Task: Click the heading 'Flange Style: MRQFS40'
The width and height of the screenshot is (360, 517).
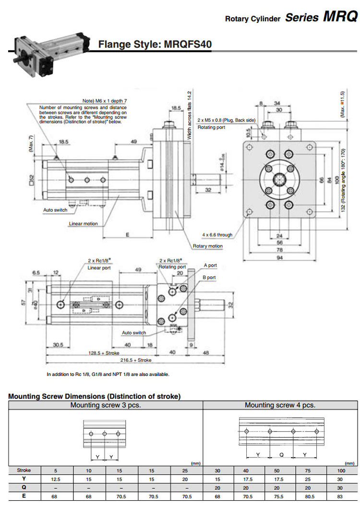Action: coord(155,44)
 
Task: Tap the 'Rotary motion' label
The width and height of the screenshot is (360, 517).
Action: coord(208,246)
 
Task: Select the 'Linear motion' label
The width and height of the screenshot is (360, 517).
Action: coord(83,223)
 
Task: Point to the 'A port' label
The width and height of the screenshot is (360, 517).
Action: coord(210,265)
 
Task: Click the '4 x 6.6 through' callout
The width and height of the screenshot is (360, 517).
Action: coord(217,235)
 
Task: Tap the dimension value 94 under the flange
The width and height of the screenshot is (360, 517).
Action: coord(279,258)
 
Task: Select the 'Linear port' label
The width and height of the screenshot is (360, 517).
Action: coord(99,268)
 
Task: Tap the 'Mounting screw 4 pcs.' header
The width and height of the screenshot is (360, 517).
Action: coord(280,405)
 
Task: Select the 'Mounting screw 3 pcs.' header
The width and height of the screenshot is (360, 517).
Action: coord(106,405)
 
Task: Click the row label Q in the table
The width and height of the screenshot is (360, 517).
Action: coord(24,488)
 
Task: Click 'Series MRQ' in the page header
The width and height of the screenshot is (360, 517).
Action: coord(321,17)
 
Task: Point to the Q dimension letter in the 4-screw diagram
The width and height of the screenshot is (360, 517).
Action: coord(281,454)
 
